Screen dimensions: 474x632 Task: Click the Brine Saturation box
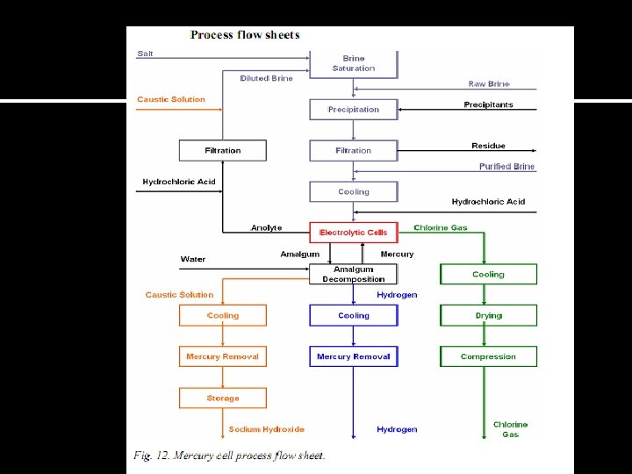tap(354, 63)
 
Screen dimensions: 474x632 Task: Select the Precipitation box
tap(354, 110)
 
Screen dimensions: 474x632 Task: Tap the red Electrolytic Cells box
tap(354, 233)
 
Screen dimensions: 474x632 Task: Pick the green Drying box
tap(488, 315)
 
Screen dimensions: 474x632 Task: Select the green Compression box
tap(488, 356)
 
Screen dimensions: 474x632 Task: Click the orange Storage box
tap(223, 398)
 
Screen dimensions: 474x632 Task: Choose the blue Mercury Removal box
tap(354, 356)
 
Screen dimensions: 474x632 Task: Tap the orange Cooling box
tap(223, 315)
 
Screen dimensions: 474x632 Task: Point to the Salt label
tap(145, 54)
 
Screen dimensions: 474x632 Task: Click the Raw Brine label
tap(489, 84)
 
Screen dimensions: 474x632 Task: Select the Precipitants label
tap(488, 105)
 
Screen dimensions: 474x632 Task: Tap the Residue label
tap(488, 146)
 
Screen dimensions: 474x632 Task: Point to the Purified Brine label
tap(506, 167)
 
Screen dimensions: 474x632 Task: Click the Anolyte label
tap(267, 228)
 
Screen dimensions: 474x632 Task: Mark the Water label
tap(193, 259)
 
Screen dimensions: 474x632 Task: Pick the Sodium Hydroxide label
tap(267, 429)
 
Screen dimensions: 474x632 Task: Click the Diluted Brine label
tap(267, 78)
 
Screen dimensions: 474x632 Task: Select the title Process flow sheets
tap(245, 35)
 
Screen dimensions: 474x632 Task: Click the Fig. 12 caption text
tap(229, 456)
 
